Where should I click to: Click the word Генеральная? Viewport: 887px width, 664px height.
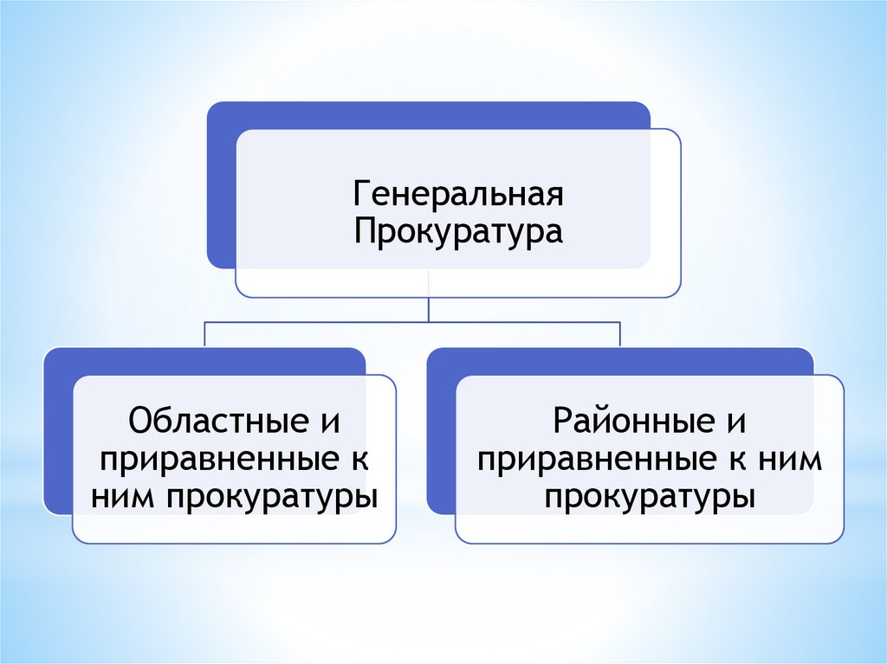pyautogui.click(x=457, y=194)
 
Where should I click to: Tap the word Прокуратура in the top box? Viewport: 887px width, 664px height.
pyautogui.click(x=457, y=231)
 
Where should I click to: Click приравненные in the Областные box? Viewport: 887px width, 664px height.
pyautogui.click(x=217, y=461)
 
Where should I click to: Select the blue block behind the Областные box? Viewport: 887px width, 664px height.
pyautogui.click(x=58, y=433)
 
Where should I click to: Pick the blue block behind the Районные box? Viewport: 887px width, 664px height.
pyautogui.click(x=441, y=433)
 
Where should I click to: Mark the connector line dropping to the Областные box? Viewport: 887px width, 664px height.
pyautogui.click(x=205, y=334)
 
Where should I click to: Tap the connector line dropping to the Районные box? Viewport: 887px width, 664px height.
pyautogui.click(x=620, y=334)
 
